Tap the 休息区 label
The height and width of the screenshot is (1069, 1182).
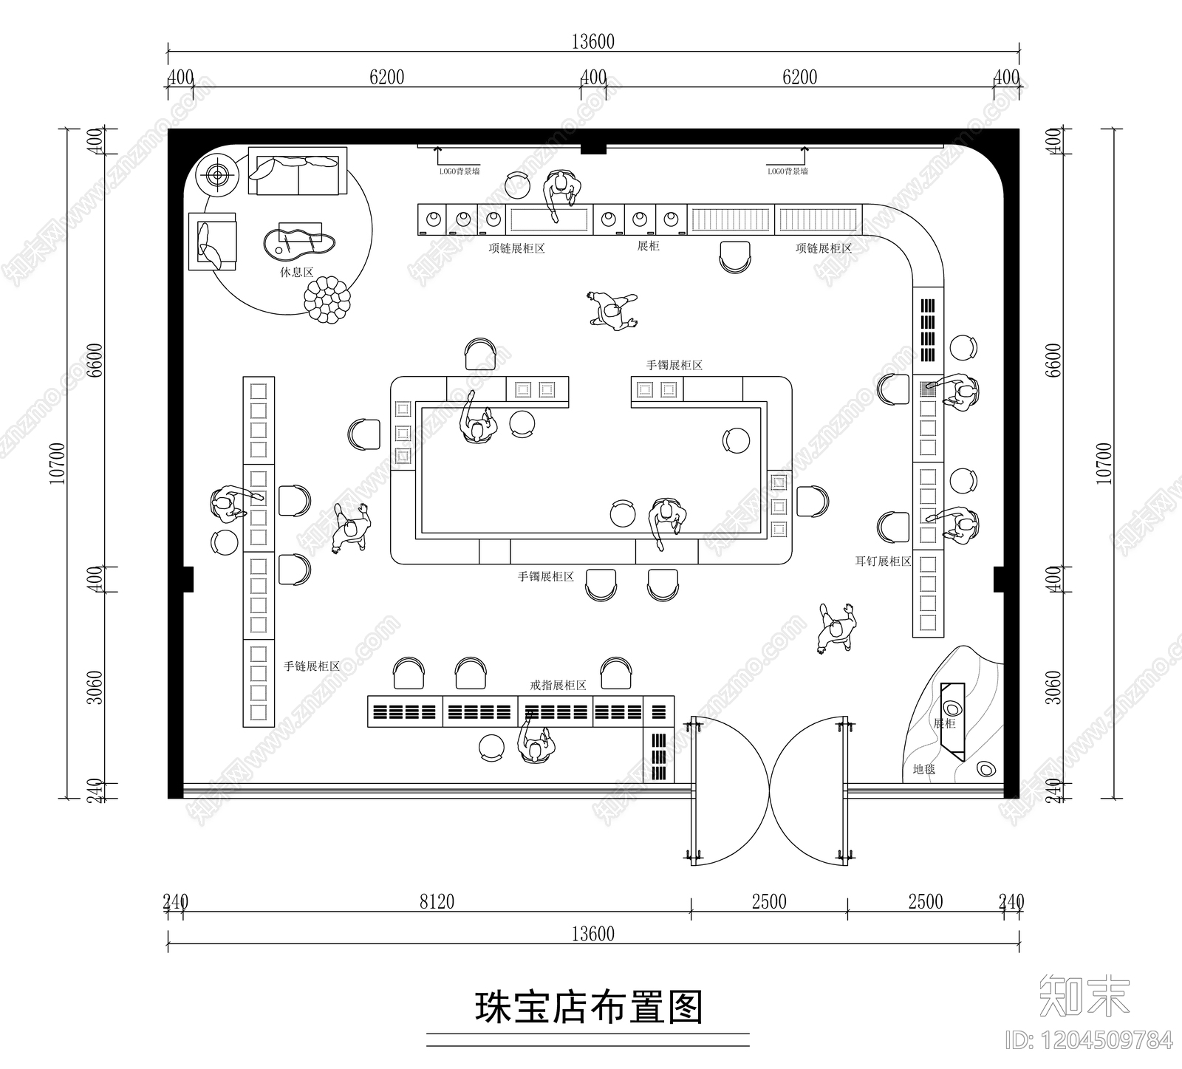[296, 272]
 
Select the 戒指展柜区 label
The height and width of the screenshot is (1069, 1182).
[558, 686]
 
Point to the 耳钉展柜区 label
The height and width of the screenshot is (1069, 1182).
[883, 561]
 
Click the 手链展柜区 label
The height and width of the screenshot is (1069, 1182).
[312, 666]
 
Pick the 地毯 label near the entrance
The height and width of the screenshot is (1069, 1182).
[923, 769]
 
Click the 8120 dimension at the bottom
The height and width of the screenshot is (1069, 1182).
[437, 901]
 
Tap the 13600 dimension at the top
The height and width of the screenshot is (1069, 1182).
[592, 42]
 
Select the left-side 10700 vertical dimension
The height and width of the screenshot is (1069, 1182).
[58, 463]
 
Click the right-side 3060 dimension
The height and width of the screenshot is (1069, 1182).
[1053, 687]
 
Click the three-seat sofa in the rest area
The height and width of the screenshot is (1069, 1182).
[297, 172]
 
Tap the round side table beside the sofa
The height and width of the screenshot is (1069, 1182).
[218, 175]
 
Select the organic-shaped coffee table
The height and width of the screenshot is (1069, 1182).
[300, 243]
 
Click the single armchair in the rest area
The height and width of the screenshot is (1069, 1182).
[213, 242]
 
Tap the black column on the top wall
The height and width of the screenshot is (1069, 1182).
[592, 148]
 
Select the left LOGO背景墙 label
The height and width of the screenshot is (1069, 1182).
[459, 171]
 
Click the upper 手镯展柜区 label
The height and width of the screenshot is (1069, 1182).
[674, 365]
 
